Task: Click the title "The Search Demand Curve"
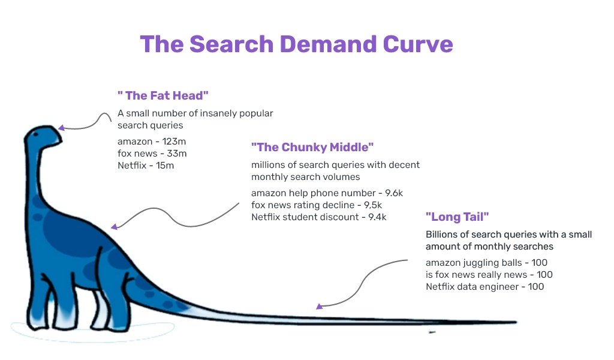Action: [x=296, y=44]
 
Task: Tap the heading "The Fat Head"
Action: [x=163, y=95]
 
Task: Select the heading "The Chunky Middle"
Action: [x=312, y=147]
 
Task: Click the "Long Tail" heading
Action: [x=457, y=217]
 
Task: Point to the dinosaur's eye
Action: [x=35, y=134]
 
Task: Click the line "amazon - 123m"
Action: [x=152, y=142]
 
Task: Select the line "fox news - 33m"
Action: [x=152, y=154]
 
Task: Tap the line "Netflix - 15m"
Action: [x=146, y=166]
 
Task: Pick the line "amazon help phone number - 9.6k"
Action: [x=327, y=193]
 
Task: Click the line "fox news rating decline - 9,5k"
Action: [x=317, y=205]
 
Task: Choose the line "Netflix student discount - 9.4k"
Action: [x=319, y=217]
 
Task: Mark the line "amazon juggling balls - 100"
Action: [x=486, y=263]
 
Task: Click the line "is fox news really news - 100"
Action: [x=489, y=275]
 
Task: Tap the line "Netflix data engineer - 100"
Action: [x=484, y=287]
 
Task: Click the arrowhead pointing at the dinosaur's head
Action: [x=61, y=127]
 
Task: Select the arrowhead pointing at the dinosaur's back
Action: [x=114, y=226]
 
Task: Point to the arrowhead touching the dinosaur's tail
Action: [x=319, y=307]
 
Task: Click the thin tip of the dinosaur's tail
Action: [x=516, y=322]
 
